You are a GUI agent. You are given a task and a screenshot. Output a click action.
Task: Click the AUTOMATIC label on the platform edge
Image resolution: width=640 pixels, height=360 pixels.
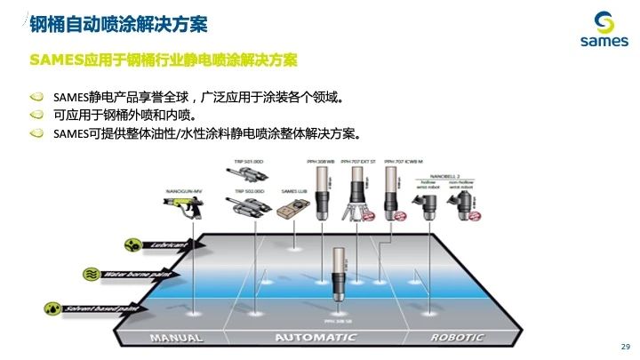pyautogui.click(x=316, y=338)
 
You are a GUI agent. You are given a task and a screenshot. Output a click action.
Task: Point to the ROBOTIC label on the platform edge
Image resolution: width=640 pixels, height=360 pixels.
pyautogui.click(x=457, y=338)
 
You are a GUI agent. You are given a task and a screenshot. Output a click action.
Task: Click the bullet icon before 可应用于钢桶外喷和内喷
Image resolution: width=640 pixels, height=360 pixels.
pyautogui.click(x=36, y=115)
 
